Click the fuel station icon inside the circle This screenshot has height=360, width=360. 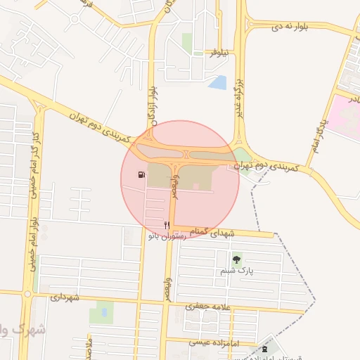(142, 175)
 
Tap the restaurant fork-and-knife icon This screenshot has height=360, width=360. (167, 225)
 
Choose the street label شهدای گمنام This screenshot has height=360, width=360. (210, 231)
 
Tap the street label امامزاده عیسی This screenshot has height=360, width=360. (214, 342)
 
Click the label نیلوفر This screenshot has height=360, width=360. (221, 53)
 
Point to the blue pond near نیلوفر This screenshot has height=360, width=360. (218, 82)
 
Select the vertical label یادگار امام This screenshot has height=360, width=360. (319, 134)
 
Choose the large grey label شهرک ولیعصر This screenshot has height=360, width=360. (21, 329)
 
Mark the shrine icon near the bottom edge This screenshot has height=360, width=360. (264, 349)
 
